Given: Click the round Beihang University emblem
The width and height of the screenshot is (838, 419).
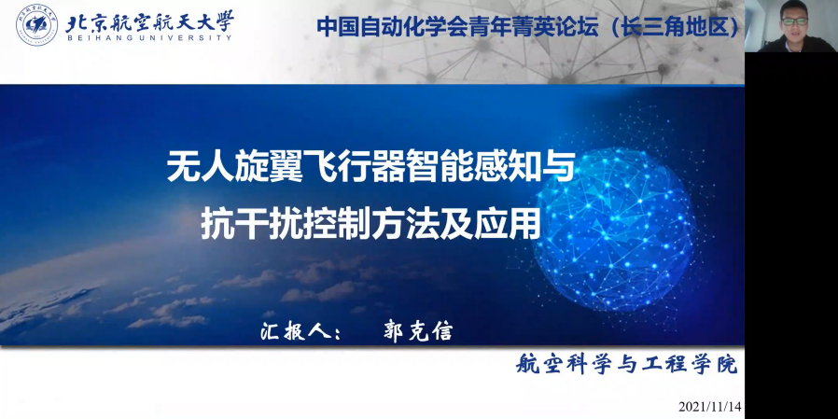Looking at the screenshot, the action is [37, 25].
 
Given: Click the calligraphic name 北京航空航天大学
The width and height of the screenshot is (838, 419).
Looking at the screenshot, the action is [149, 21].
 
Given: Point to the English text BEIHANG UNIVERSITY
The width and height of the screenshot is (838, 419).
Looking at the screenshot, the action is [148, 38].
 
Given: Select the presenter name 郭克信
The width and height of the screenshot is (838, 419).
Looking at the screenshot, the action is [417, 331].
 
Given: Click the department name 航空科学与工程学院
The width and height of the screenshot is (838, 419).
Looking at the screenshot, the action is [627, 365].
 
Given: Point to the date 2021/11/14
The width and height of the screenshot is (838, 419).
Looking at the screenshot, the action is [710, 406].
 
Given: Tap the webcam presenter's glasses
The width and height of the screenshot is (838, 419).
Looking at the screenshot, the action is [795, 21].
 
